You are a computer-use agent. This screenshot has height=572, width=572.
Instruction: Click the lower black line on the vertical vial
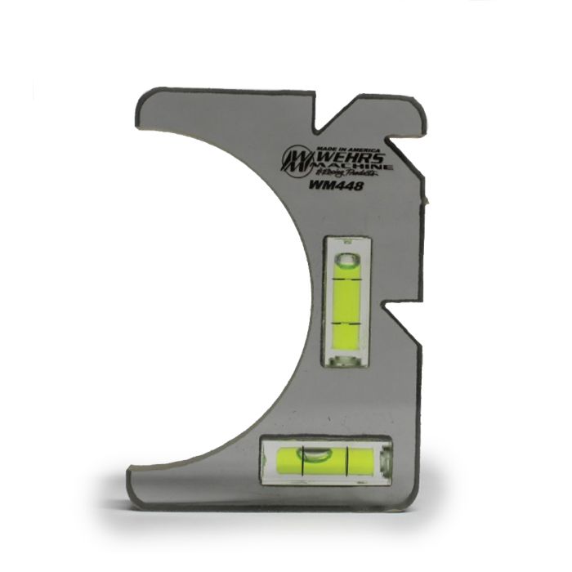(x=346, y=324)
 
